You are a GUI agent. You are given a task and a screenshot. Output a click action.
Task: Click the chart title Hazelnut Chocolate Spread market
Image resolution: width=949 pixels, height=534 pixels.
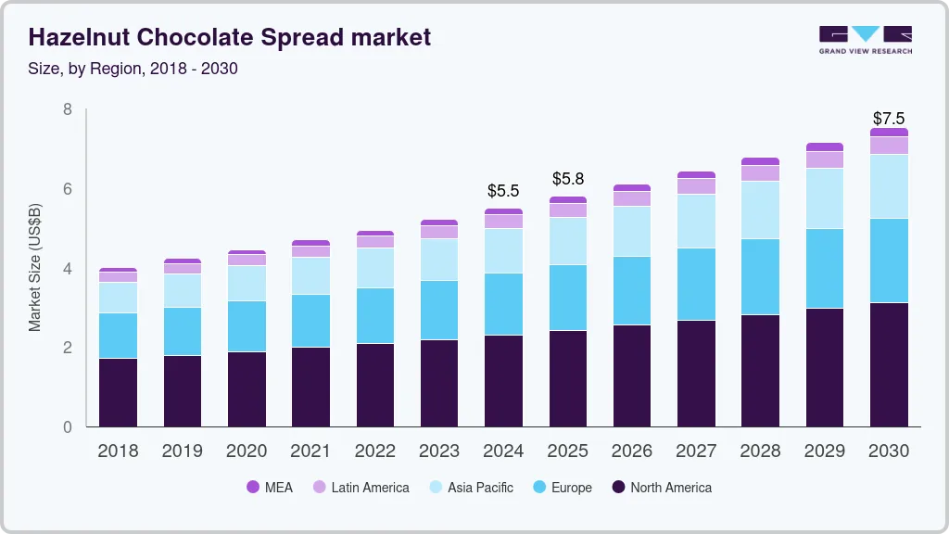pos(230,37)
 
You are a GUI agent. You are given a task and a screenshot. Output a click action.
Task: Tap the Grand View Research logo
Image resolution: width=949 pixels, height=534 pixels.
pos(865,40)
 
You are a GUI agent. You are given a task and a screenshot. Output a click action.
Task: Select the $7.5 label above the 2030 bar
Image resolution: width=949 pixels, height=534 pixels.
pos(889,118)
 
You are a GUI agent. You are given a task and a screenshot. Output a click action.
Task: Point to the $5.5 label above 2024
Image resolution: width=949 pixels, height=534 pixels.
pos(503,191)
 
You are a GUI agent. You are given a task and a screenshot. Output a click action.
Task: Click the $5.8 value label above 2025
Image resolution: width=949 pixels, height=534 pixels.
pos(568,178)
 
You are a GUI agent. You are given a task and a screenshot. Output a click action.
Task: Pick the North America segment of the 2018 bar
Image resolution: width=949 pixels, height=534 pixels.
pos(118,392)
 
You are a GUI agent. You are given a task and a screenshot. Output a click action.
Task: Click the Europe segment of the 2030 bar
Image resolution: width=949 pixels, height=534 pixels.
pos(889,261)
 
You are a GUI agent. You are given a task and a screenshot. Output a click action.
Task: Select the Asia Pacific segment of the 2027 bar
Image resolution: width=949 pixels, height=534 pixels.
pos(696,221)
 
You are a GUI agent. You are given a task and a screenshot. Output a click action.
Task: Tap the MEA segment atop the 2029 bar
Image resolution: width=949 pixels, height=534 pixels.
pos(825,146)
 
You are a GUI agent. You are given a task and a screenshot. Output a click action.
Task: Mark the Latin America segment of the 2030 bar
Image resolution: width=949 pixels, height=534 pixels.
pos(889,146)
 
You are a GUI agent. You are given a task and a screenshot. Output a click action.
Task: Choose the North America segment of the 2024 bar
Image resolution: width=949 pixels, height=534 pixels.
pos(503,380)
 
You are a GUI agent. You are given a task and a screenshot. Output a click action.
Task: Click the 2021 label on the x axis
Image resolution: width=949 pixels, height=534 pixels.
pos(310,451)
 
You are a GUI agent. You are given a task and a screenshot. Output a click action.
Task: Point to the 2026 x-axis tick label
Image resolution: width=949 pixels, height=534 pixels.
pos(632,451)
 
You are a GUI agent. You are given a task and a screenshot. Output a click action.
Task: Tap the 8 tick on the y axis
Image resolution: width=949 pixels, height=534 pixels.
pos(67,109)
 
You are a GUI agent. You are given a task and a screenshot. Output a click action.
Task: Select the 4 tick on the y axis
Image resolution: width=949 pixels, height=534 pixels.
pos(67,269)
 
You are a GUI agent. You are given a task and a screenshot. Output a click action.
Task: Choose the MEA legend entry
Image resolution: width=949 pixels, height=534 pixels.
pos(270,487)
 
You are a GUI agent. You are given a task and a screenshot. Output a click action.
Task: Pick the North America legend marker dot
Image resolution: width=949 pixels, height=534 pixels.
pos(618,487)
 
